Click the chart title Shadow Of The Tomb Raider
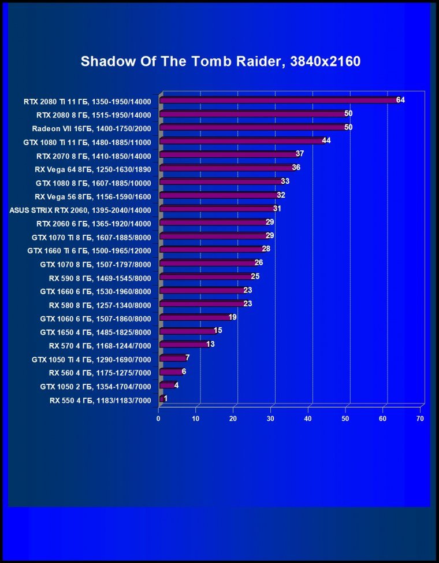tap(220, 61)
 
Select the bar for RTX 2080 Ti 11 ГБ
tap(277, 100)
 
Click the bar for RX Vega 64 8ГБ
tap(226, 168)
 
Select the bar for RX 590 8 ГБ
tap(205, 277)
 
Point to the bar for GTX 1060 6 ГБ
tap(194, 317)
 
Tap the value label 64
tap(400, 100)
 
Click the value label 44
tap(326, 140)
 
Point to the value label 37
tap(300, 154)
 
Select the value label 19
tap(232, 317)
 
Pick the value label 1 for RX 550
tap(166, 399)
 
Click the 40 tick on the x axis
tap(308, 418)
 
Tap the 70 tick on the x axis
tap(421, 418)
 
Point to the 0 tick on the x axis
tap(159, 418)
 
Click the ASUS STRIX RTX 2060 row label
tap(80, 209)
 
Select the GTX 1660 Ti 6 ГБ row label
tap(89, 250)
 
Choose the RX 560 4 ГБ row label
tap(99, 372)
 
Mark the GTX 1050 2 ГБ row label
tap(95, 386)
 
